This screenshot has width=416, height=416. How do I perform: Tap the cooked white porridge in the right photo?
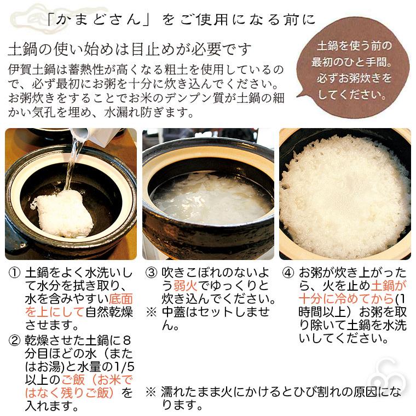pyautogui.click(x=345, y=192)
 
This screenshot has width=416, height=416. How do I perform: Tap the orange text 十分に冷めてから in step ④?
pyautogui.click(x=350, y=292)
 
